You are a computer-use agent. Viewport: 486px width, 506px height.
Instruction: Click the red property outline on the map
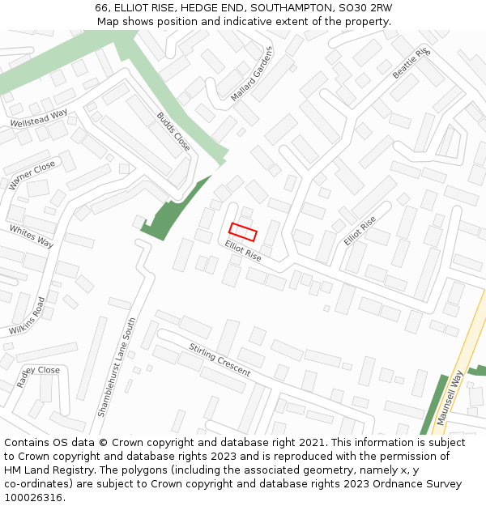pyautogui.click(x=243, y=232)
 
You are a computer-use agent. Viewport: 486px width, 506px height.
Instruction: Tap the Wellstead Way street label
pyautogui.click(x=38, y=119)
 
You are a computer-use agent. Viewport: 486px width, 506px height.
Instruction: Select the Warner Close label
pyautogui.click(x=32, y=175)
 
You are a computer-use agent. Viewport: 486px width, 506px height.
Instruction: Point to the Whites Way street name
pyautogui.click(x=32, y=236)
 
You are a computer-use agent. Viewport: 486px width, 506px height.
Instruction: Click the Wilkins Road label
pyautogui.click(x=28, y=317)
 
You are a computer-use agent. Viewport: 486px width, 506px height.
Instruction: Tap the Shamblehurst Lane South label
pyautogui.click(x=117, y=367)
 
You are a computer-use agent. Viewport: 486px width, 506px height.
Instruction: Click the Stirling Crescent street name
pyautogui.click(x=220, y=360)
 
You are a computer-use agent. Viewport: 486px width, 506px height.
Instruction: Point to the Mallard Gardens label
pyautogui.click(x=252, y=73)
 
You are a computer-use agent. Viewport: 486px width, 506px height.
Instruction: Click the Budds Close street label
pyautogui.click(x=173, y=131)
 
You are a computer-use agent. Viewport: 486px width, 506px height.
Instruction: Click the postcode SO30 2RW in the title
pyautogui.click(x=364, y=8)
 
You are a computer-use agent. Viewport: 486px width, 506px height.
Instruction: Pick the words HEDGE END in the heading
pyautogui.click(x=213, y=8)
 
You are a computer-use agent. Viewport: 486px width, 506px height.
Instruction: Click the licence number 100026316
pyautogui.click(x=35, y=498)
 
